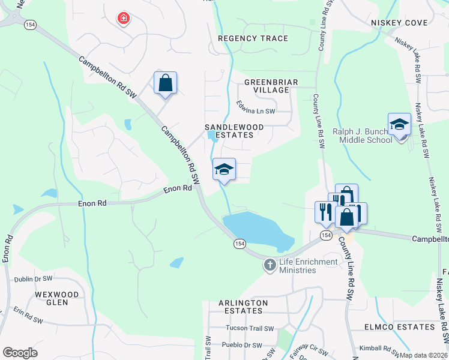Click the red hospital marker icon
(124, 19)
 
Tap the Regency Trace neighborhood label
(253, 38)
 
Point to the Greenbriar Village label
(267, 85)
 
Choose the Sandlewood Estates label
(229, 131)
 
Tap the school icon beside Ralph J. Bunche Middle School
(399, 124)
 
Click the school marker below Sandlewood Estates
(224, 169)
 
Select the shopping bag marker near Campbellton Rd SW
(165, 83)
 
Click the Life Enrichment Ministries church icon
(270, 264)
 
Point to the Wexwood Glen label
(57, 298)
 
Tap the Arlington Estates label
(243, 307)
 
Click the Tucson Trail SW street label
(250, 328)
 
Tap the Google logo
(20, 353)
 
